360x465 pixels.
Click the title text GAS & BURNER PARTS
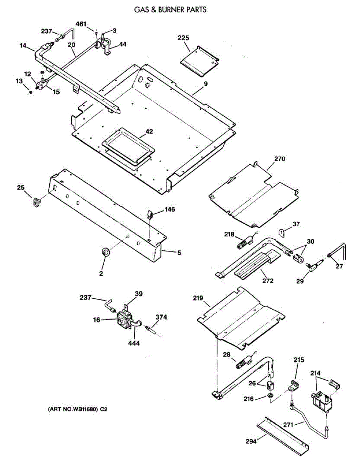(x=170, y=9)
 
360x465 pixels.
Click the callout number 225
(x=184, y=38)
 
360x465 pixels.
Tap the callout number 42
(x=149, y=132)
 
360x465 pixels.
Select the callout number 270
(x=279, y=159)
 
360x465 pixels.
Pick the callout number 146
(x=169, y=210)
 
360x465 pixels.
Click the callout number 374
(x=161, y=317)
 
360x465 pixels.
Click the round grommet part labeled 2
(x=105, y=252)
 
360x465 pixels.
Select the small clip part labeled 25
(x=36, y=201)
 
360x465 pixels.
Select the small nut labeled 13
(x=31, y=93)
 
